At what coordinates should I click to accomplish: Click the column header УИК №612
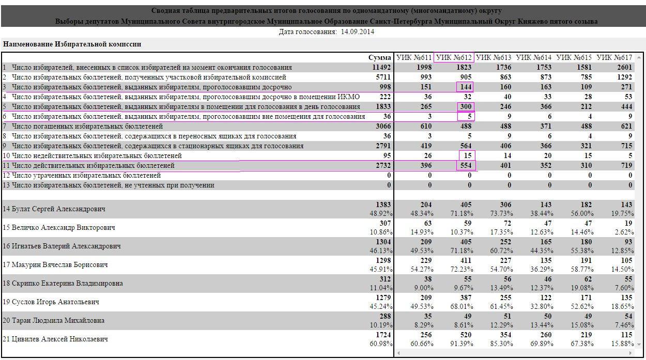[x=454, y=57]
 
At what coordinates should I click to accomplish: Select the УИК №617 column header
[x=614, y=57]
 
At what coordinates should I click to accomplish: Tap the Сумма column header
[x=379, y=57]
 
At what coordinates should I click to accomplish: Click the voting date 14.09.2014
[x=358, y=32]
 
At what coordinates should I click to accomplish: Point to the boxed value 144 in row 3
[x=466, y=87]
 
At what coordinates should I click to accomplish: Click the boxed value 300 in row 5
[x=466, y=106]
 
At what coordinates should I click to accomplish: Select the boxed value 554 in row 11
[x=466, y=165]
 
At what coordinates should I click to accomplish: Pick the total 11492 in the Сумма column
[x=381, y=67]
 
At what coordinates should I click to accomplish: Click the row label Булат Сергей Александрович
[x=58, y=209]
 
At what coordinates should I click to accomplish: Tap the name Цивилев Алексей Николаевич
[x=60, y=339]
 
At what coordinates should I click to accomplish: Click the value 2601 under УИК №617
[x=624, y=67]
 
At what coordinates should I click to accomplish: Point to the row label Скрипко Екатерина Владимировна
[x=67, y=284]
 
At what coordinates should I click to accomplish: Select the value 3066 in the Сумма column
[x=383, y=126]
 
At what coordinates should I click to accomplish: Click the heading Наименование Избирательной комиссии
[x=72, y=44]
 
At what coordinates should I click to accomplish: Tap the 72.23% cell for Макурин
[x=462, y=269]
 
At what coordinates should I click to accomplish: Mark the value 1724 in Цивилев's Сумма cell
[x=383, y=335]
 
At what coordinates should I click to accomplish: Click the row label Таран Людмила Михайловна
[x=58, y=321]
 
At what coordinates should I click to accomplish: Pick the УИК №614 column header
[x=533, y=57]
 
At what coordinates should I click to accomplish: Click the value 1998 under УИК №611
[x=424, y=67]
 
